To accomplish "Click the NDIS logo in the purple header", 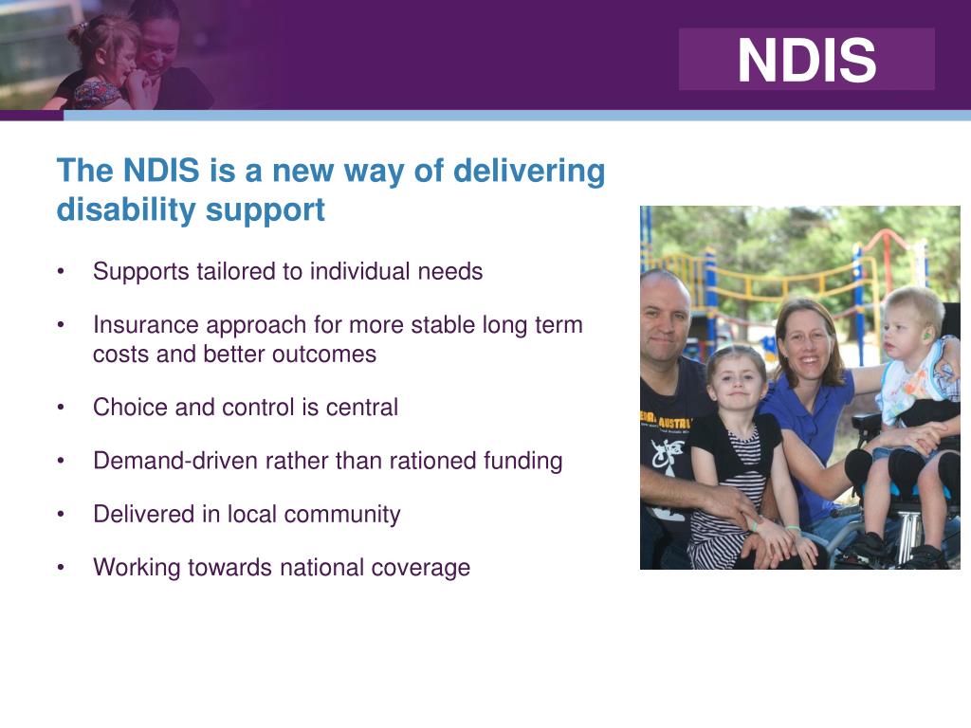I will (806, 60).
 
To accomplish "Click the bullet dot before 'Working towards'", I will (62, 568).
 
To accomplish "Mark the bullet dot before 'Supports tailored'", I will (62, 272).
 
